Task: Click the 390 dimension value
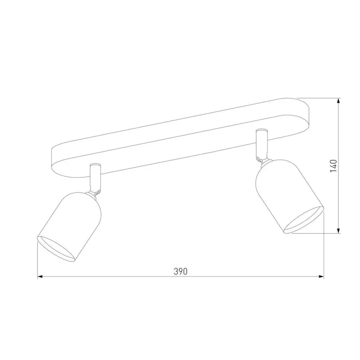[181, 271]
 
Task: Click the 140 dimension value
[334, 166]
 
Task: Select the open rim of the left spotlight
[56, 249]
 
